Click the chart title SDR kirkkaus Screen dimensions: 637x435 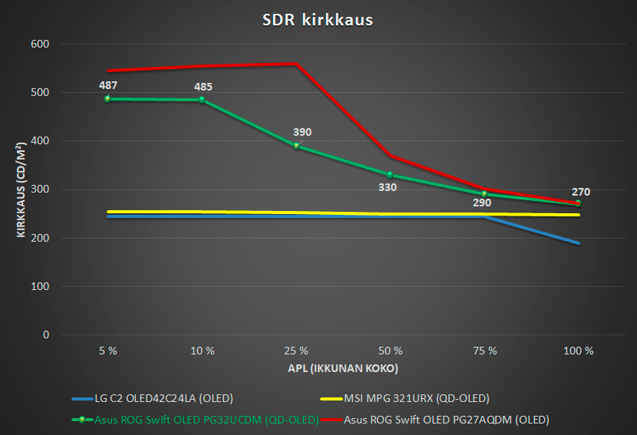pos(317,19)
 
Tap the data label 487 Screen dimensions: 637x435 pos(108,85)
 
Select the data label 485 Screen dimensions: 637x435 pos(203,87)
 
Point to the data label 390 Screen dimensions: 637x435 pos(302,132)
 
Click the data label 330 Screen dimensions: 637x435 pos(388,187)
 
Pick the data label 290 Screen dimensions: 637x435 pos(482,203)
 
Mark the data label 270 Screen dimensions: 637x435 pos(581,192)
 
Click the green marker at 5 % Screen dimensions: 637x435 pos(107,99)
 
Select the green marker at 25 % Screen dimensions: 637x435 pos(296,146)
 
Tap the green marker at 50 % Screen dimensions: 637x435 pos(390,175)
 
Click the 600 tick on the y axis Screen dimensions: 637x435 pos(40,44)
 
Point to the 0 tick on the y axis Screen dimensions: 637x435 pos(46,334)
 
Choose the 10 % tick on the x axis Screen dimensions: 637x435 pos(203,351)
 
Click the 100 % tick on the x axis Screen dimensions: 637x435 pos(579,351)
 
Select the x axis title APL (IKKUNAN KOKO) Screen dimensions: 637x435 pos(343,368)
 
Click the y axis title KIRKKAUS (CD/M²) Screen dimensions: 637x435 pos(21,189)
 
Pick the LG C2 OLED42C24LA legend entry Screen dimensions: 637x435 pos(153,398)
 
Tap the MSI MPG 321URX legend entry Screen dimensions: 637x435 pos(404,398)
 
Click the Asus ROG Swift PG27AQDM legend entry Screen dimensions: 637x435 pos(434,420)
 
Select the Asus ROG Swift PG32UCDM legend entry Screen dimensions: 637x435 pos(195,420)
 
